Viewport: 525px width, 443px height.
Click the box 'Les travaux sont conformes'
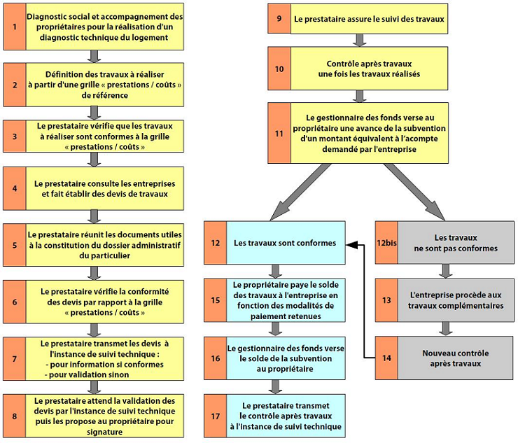coord(286,243)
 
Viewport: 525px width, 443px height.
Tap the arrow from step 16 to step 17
coord(274,386)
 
